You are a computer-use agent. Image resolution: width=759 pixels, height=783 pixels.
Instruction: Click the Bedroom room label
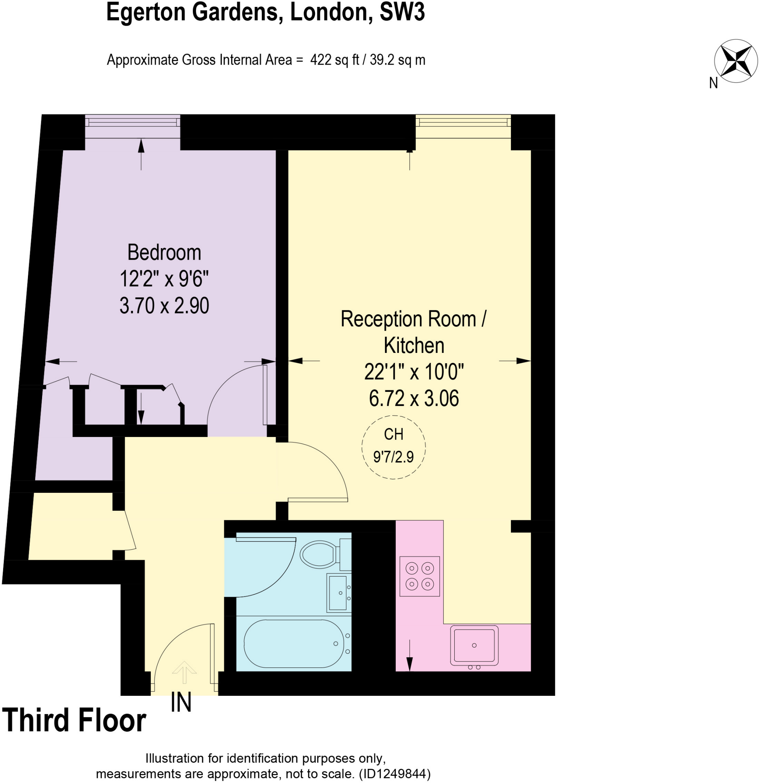(x=164, y=252)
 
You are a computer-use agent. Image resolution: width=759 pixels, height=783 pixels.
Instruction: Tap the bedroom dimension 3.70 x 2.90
(x=164, y=305)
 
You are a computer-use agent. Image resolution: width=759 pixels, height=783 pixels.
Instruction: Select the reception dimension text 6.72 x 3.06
(x=413, y=398)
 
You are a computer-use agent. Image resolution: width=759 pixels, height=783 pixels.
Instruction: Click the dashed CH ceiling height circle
(x=393, y=447)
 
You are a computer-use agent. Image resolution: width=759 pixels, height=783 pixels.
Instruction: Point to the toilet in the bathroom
(x=319, y=554)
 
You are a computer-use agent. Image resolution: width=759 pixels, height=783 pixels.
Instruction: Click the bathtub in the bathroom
(x=294, y=643)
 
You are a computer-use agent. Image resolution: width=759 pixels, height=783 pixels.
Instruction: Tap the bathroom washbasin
(x=338, y=593)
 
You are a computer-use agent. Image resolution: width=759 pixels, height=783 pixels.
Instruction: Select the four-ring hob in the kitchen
(x=419, y=576)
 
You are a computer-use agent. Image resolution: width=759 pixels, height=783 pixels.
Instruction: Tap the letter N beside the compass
(x=713, y=83)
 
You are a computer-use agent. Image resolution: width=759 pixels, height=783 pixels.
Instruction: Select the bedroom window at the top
(x=132, y=121)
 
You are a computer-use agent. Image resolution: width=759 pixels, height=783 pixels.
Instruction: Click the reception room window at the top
(x=463, y=121)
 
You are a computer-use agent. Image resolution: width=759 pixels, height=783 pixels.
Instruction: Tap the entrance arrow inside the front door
(x=184, y=672)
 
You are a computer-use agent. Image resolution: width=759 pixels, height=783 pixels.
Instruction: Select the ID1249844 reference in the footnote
(x=394, y=774)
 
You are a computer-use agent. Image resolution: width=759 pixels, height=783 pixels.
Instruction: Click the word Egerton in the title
(x=146, y=12)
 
